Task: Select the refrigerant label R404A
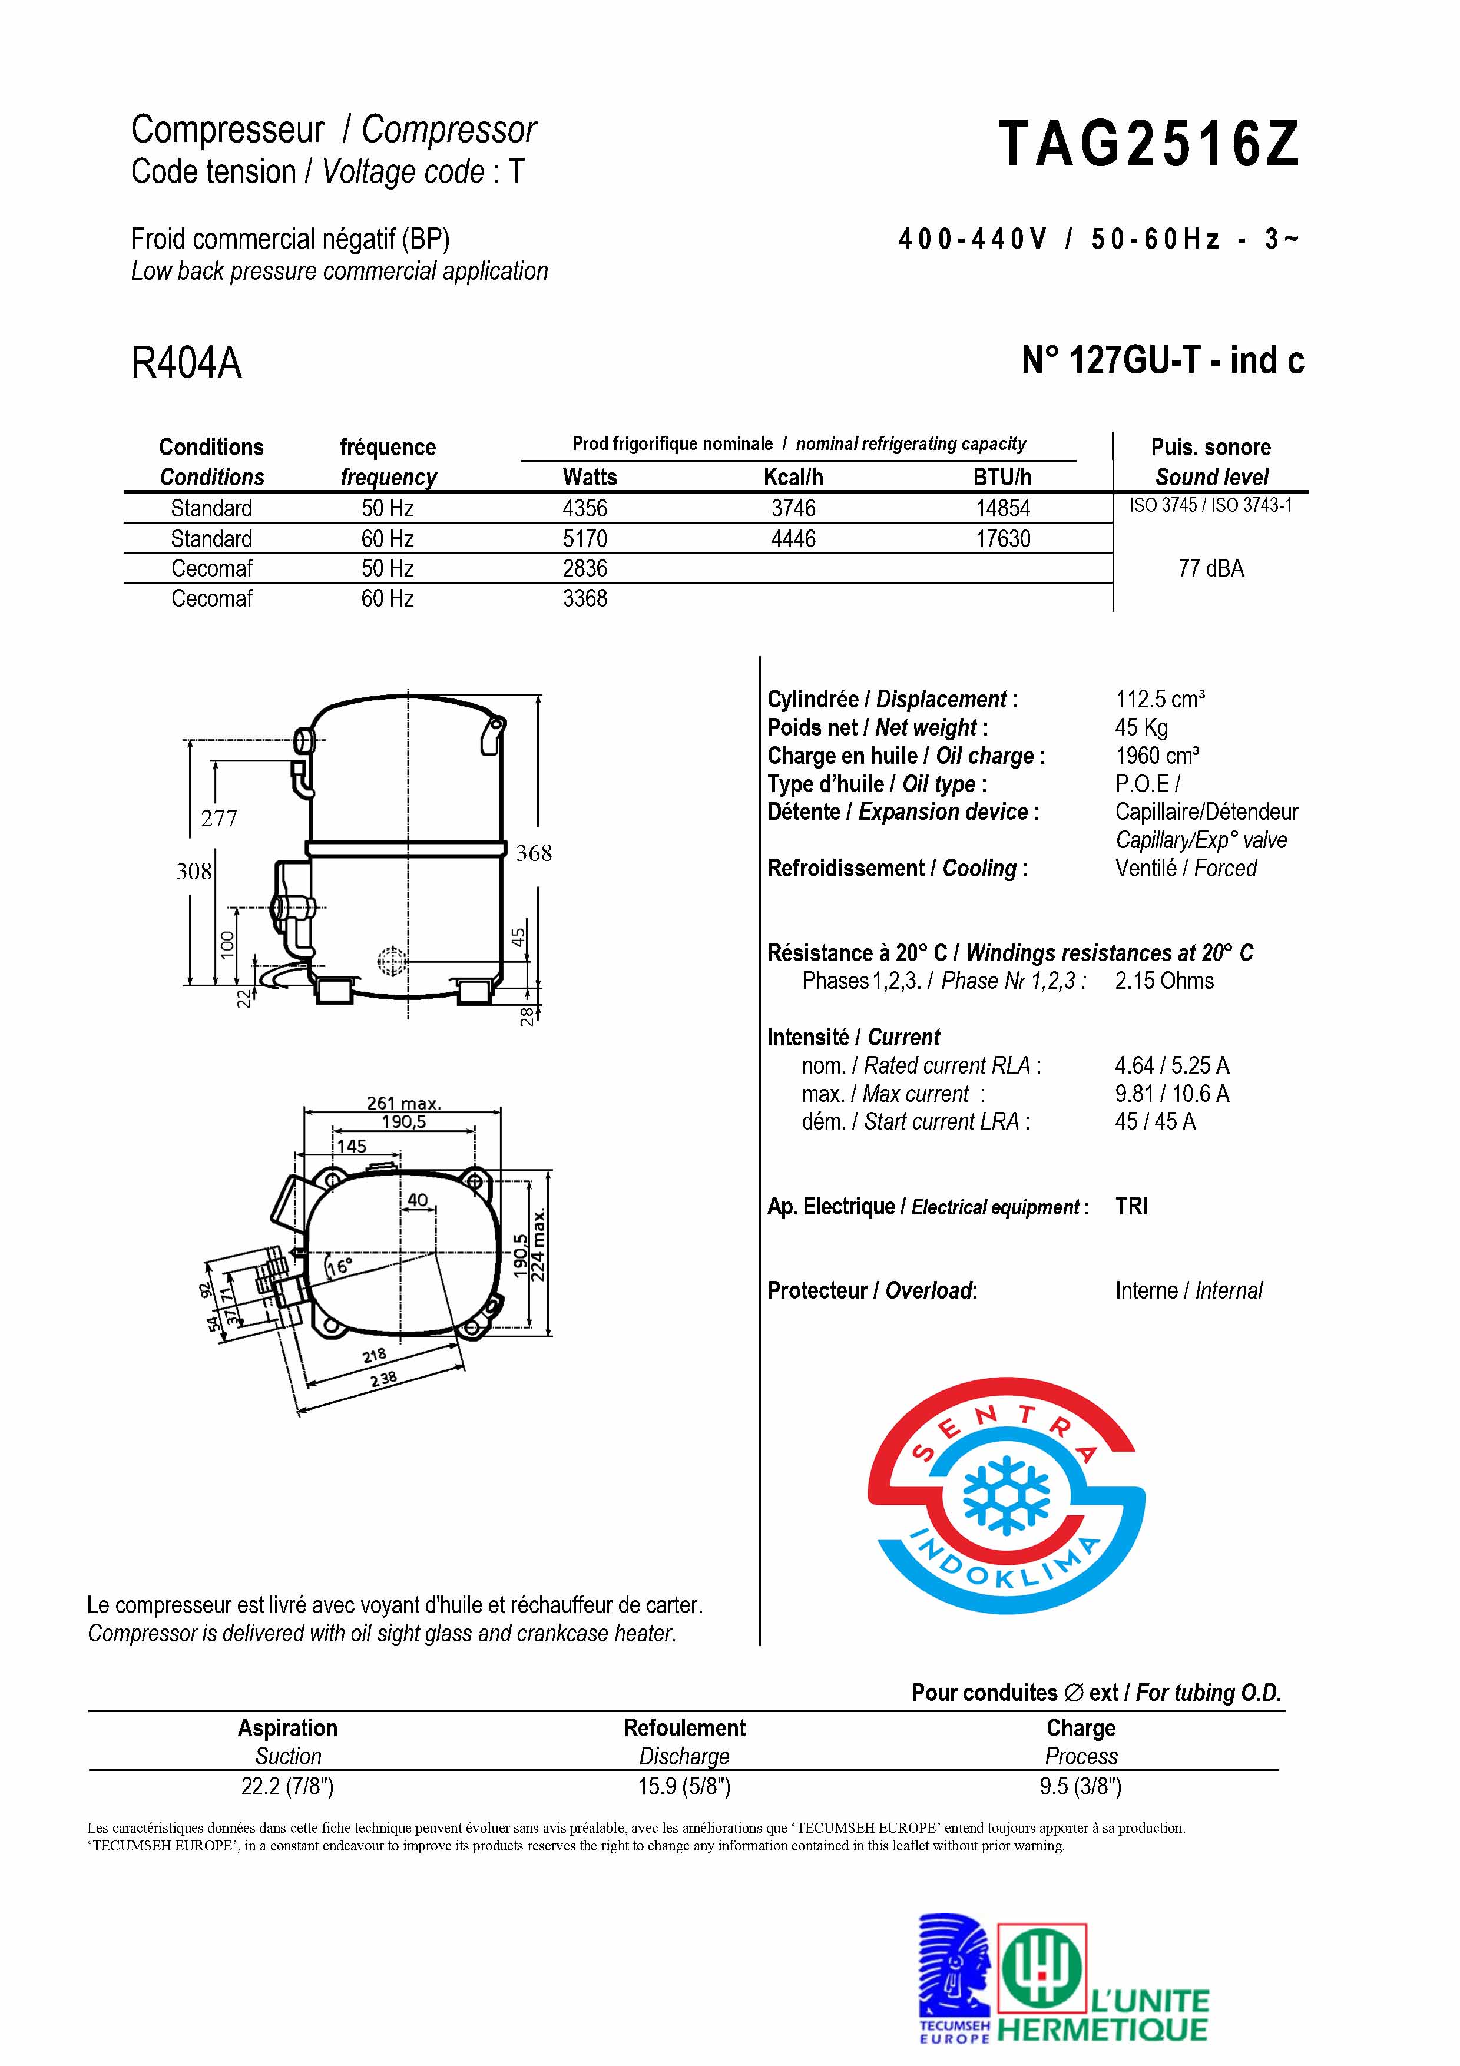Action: (186, 363)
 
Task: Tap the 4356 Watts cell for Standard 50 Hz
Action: (585, 508)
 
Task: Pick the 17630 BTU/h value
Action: (1003, 539)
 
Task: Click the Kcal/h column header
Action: (793, 477)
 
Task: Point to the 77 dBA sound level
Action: (1211, 569)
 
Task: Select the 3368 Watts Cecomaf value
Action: (585, 598)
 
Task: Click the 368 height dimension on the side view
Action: (534, 853)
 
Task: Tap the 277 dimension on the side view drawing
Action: (218, 819)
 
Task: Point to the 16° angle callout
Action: (339, 1267)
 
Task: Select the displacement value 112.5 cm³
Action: (1160, 699)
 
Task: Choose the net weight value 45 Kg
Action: (1141, 727)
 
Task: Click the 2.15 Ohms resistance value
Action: (1164, 981)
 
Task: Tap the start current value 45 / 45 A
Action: (1155, 1122)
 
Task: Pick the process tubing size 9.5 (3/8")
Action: (1080, 1786)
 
